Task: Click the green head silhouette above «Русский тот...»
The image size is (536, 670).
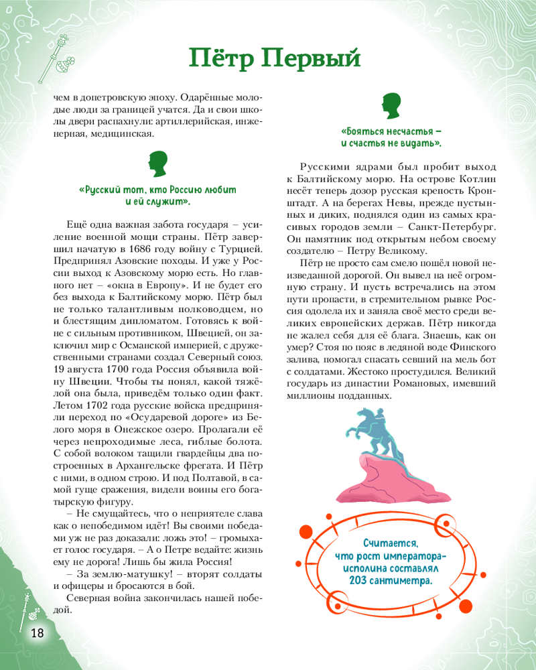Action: (157, 165)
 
